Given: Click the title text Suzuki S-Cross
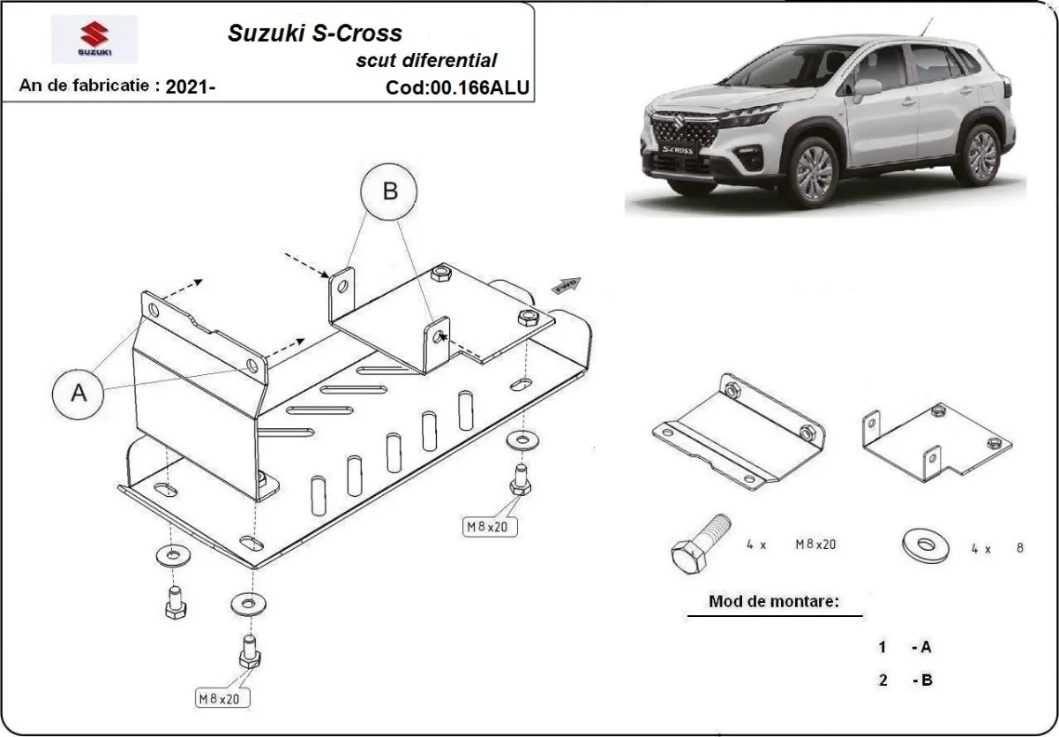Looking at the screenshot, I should [x=315, y=34].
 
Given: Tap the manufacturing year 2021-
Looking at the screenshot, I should [x=190, y=86].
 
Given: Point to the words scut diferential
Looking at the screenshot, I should [x=425, y=61].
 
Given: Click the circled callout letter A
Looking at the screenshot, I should [x=79, y=393].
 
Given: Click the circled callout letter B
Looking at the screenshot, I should [x=390, y=191].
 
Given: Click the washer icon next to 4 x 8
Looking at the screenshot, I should [x=925, y=545].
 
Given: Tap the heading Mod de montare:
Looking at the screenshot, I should [x=773, y=602].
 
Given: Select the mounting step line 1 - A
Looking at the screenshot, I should [x=905, y=647].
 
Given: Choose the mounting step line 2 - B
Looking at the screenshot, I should [x=905, y=680].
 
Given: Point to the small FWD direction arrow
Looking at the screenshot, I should [x=565, y=284].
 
